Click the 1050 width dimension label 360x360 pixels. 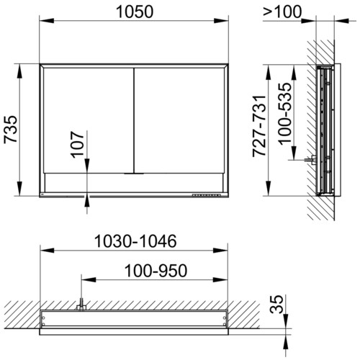pyautogui.click(x=135, y=12)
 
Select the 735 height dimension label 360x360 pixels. pyautogui.click(x=11, y=130)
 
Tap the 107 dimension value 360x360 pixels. pyautogui.click(x=78, y=145)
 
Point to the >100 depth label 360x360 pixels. pyautogui.click(x=282, y=12)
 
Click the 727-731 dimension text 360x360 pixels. pyautogui.click(x=260, y=126)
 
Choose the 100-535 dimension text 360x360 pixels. pyautogui.click(x=285, y=114)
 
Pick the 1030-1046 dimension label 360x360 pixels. pyautogui.click(x=135, y=241)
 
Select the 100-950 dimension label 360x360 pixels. pyautogui.click(x=156, y=271)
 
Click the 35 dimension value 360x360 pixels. pyautogui.click(x=276, y=304)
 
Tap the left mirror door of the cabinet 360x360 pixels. pyautogui.click(x=89, y=120)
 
